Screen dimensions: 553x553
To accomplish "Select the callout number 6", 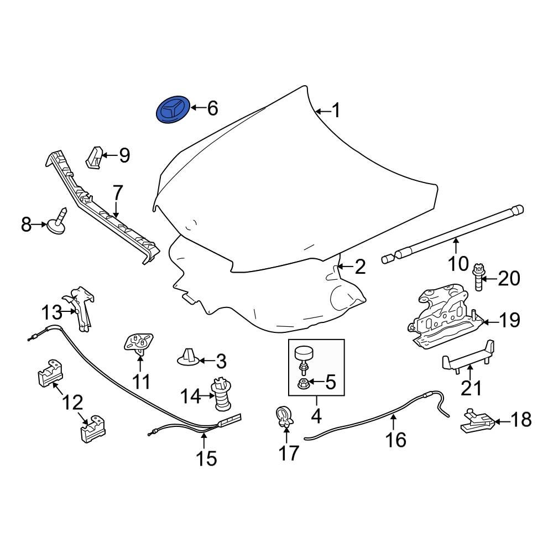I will (212, 108).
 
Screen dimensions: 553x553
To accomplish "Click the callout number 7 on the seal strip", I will (117, 193).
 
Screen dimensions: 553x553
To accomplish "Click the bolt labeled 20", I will (479, 279).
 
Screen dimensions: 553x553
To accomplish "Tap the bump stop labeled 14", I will (222, 395).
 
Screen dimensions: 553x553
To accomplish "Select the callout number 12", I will (74, 402).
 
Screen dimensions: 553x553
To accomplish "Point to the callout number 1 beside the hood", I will (335, 111).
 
